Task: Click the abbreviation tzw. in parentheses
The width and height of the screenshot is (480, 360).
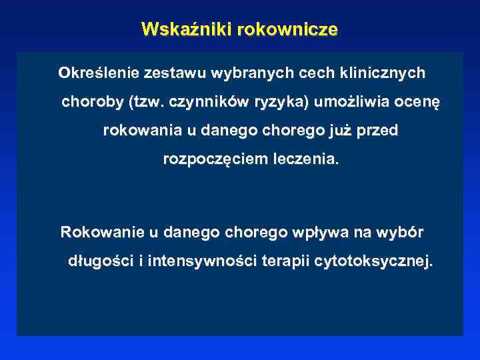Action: coord(148,103)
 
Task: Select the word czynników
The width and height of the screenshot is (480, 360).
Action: coord(210,103)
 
